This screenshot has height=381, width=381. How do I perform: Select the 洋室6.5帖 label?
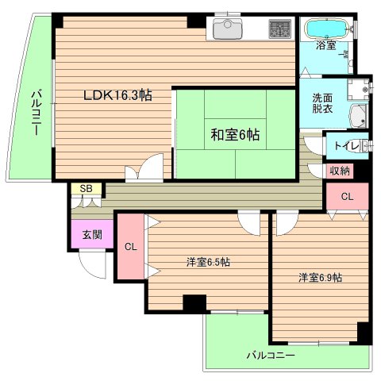click(x=209, y=261)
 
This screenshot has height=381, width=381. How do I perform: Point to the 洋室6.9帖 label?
click(x=321, y=277)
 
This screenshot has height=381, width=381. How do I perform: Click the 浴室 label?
click(x=325, y=45)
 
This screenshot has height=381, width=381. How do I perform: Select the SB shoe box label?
click(x=85, y=189)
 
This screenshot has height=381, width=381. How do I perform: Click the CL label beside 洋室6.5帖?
click(x=129, y=247)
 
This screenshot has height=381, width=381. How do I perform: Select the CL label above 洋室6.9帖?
click(x=348, y=196)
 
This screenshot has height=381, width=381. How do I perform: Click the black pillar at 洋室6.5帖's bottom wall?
click(x=194, y=302)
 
